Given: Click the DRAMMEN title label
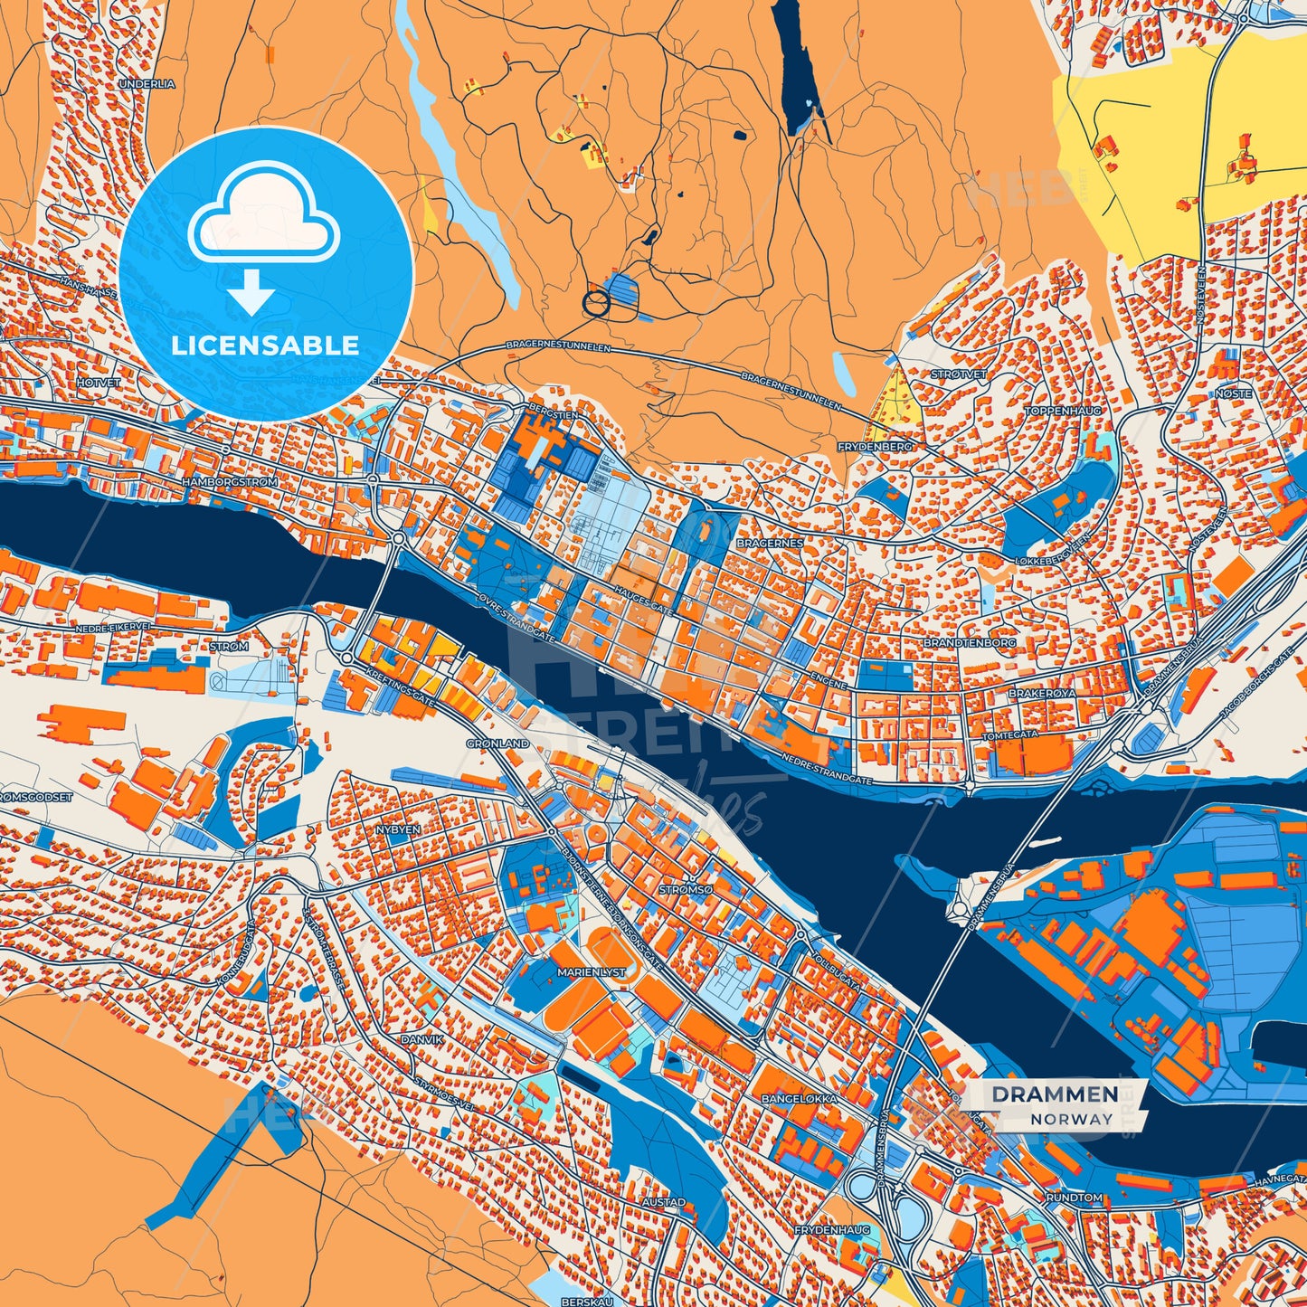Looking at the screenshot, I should (1055, 1094).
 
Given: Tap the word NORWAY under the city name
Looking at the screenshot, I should (1071, 1119).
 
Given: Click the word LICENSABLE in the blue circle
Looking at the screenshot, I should (266, 346).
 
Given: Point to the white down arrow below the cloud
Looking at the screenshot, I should (251, 291).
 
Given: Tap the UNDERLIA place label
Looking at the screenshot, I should (147, 83).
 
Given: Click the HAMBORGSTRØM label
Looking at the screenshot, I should (230, 483).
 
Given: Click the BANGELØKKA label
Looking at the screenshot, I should (800, 1099).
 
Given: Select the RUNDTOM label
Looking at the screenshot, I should (1074, 1198).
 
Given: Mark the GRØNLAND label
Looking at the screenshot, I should (497, 743).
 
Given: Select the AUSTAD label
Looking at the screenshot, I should (664, 1203).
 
